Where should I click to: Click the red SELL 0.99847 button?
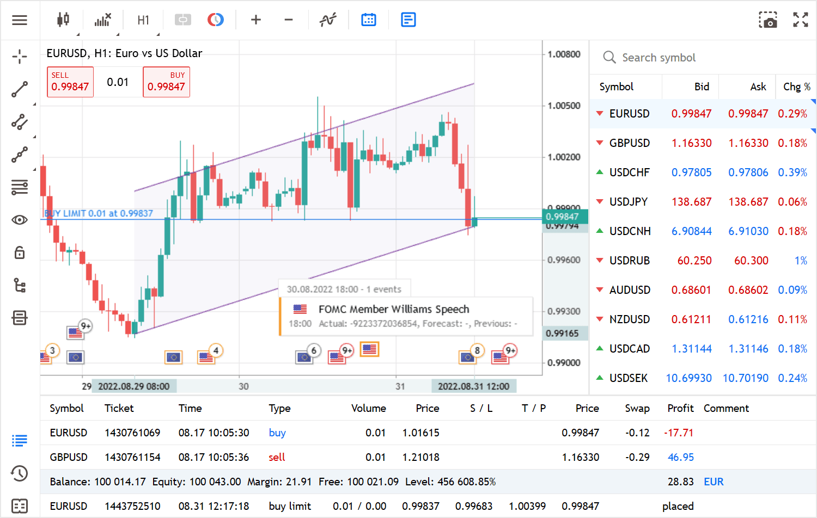70,82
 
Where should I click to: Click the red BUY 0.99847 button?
166,82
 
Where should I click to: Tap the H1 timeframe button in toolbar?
143,20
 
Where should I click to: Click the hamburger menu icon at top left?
20,20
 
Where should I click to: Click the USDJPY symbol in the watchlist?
629,202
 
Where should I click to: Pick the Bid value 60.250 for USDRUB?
694,261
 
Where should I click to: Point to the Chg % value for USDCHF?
792,172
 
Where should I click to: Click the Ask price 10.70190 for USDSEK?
745,378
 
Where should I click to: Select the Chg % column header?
796,87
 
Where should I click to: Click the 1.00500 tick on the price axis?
564,106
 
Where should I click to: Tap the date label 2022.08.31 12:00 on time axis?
473,386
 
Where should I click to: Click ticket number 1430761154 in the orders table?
132,457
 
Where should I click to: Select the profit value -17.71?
679,433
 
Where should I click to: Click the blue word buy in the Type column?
277,433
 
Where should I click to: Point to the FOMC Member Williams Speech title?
393,309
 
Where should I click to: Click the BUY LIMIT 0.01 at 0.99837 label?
99,213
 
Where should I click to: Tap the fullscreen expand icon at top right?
800,20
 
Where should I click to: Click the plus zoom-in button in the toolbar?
256,20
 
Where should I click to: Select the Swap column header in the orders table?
637,408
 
